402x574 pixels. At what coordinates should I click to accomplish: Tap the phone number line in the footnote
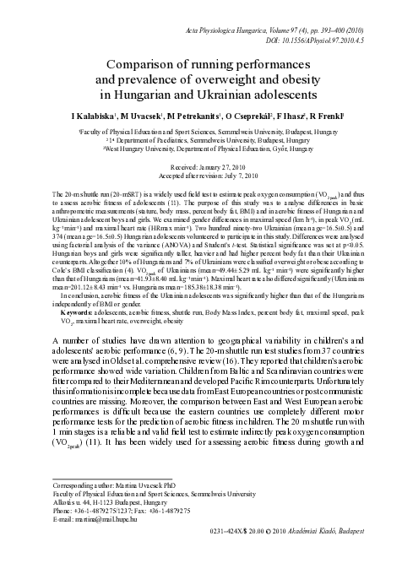click(113, 536)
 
